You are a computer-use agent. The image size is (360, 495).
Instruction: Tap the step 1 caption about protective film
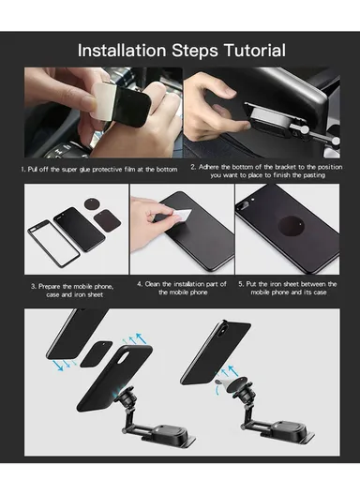[97, 168]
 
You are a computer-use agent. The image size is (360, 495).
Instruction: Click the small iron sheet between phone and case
[97, 353]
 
